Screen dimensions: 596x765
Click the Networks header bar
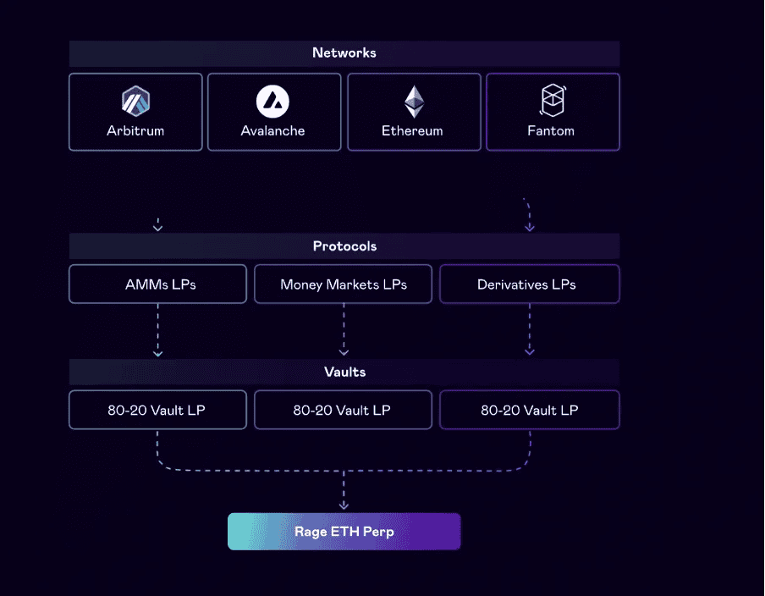(344, 53)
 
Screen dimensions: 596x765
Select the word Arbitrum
(135, 131)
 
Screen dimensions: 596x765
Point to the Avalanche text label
(272, 131)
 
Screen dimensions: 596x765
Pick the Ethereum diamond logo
(413, 102)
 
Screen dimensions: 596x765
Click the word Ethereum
(412, 131)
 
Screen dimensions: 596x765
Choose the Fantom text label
(552, 131)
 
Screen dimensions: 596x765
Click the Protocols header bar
(344, 246)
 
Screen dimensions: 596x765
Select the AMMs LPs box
(157, 284)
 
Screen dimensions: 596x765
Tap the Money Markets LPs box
(343, 284)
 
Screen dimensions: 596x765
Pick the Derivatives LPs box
(529, 284)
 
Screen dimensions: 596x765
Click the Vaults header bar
(344, 372)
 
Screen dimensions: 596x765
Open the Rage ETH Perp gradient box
(344, 532)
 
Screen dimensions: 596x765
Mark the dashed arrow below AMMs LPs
(157, 330)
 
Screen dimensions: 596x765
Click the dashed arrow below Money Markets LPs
(344, 330)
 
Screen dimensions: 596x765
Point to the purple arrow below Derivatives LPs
(530, 330)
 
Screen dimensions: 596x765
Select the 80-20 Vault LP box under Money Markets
(343, 410)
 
